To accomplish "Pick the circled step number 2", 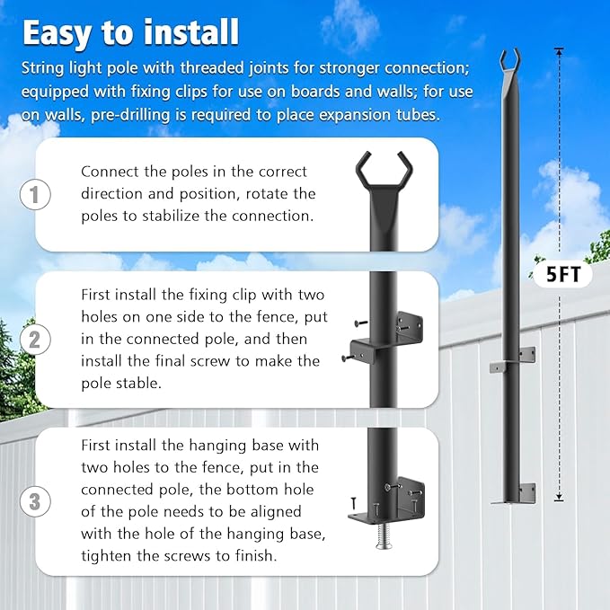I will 34,340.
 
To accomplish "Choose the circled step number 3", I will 34,501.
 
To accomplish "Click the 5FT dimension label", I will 563,276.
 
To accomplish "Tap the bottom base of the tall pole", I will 513,494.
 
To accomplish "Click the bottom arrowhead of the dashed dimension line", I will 559,499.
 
